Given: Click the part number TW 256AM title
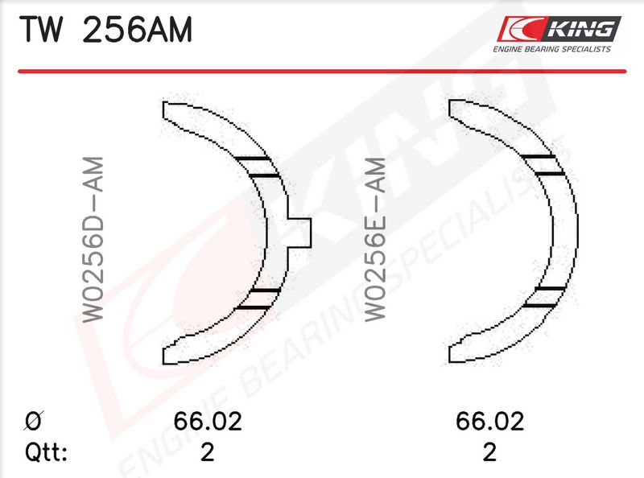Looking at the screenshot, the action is (105, 30).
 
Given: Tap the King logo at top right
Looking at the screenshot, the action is (559, 29).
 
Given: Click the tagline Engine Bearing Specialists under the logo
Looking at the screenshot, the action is (552, 49).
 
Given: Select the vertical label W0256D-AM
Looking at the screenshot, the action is (93, 239).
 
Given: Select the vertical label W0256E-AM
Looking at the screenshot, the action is (375, 239).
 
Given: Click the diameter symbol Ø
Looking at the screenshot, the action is (34, 421).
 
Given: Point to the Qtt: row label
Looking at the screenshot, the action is (46, 452).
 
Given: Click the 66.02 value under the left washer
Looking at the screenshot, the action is (208, 421).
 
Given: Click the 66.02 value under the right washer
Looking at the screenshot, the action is (489, 421).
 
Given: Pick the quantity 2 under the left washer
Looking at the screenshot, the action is (208, 452).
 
